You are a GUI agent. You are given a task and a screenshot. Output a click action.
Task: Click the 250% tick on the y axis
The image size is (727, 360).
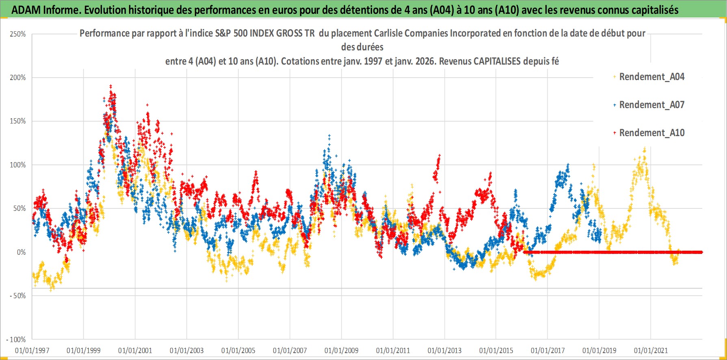point(18,34)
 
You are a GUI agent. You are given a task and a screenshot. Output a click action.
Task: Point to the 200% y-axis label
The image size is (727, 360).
point(18,78)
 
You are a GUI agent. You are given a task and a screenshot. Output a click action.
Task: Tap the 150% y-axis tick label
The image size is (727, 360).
point(18,121)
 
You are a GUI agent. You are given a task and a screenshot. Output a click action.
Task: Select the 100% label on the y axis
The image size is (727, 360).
point(18,165)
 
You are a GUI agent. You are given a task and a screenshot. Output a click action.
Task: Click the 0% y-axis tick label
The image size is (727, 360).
point(21,252)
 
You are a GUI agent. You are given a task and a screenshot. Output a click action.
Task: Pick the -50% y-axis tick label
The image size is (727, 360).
point(18,296)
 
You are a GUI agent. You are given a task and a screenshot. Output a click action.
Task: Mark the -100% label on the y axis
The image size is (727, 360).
point(16,340)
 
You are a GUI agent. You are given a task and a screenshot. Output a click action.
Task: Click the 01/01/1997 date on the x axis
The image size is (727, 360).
point(32,350)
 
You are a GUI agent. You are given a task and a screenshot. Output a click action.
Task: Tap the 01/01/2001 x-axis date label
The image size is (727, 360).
point(135,350)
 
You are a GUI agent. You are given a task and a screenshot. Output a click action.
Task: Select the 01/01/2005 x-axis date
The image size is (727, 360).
point(238,350)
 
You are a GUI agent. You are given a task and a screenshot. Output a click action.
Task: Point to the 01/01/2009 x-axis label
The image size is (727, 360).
point(341,350)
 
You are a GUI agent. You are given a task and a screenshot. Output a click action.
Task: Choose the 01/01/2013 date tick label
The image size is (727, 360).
point(444,350)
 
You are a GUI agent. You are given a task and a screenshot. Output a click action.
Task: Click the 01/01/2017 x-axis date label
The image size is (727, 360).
point(547,350)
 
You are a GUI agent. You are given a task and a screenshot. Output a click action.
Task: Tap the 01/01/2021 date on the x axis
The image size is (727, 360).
point(651,350)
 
